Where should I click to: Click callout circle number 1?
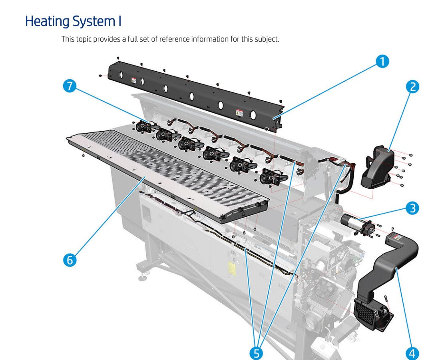pyautogui.click(x=382, y=62)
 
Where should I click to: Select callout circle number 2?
pyautogui.click(x=412, y=87)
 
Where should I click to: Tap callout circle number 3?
pyautogui.click(x=412, y=208)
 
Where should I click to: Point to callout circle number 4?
pyautogui.click(x=412, y=353)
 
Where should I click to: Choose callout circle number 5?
pyautogui.click(x=256, y=353)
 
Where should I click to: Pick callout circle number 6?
pyautogui.click(x=70, y=260)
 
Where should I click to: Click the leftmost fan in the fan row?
pyautogui.click(x=142, y=126)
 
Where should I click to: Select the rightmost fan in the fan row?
pyautogui.click(x=268, y=176)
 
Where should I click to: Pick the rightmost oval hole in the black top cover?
pyautogui.click(x=253, y=115)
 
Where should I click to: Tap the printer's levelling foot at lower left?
pyautogui.click(x=142, y=276)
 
